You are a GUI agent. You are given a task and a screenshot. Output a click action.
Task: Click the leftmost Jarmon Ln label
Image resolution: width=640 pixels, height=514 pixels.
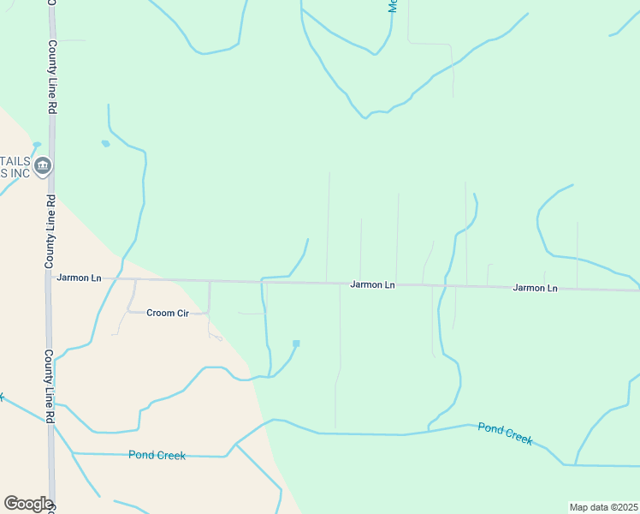[x=79, y=278]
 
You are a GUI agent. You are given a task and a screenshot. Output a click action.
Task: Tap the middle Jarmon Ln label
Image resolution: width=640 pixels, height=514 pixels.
[x=372, y=284]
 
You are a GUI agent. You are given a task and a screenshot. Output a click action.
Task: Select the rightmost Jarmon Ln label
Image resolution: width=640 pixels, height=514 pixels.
[x=535, y=288]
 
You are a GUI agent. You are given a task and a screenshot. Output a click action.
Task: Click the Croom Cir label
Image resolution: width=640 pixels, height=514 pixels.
[x=167, y=314]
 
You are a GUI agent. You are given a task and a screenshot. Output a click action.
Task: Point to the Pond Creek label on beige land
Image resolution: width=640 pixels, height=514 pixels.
[x=157, y=455]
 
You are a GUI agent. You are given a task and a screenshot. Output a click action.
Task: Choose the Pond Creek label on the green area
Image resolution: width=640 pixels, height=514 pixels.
[x=505, y=433]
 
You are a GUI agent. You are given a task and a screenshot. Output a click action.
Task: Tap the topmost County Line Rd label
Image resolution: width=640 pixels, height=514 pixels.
[x=52, y=77]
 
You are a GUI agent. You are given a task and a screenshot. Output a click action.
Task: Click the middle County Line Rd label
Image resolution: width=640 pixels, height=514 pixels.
[x=50, y=230]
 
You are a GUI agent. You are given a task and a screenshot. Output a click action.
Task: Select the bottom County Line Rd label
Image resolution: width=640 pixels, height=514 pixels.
[x=50, y=385]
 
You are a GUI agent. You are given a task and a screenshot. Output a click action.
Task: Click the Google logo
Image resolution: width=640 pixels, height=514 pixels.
[x=27, y=504]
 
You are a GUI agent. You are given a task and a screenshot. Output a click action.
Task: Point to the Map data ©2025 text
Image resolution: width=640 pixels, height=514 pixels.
[x=603, y=507]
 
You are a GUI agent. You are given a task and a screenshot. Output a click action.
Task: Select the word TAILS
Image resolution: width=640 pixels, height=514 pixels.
[x=15, y=161]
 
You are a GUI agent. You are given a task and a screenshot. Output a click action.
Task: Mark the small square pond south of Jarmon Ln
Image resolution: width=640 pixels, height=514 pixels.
[x=296, y=344]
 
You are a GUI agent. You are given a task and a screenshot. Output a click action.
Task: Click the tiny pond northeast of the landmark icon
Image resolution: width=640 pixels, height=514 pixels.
[x=105, y=143]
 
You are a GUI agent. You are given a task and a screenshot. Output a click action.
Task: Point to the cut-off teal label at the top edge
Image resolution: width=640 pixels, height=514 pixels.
[x=393, y=5]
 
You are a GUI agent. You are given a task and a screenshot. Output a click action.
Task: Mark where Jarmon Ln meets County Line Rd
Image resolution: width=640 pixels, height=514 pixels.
[x=50, y=278]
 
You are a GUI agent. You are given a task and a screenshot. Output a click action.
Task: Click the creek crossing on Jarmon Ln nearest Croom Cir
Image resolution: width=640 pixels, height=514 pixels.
[x=262, y=280]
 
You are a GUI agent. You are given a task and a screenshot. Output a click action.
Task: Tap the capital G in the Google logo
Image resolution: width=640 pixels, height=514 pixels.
[x=11, y=504]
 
